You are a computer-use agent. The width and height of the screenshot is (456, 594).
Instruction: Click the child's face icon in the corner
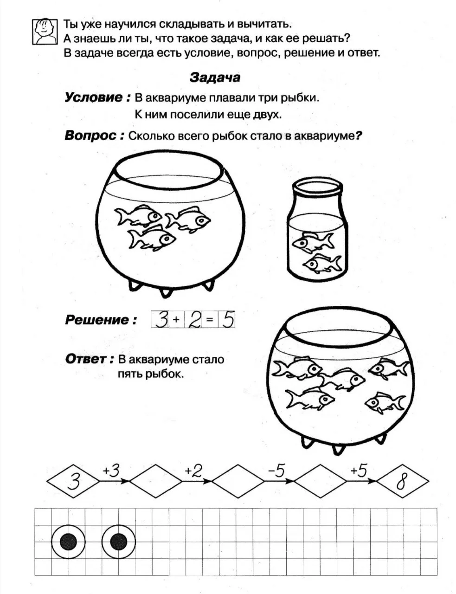pos(45,32)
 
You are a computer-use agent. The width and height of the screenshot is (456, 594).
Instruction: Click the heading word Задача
pos(215,77)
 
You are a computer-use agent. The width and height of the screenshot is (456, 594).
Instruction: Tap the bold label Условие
pos(97,97)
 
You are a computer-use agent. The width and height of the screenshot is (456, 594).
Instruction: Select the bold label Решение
pos(101,320)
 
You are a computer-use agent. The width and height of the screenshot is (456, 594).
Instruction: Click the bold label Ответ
pos(89,359)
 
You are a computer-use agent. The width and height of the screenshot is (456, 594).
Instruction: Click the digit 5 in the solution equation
pos(228,319)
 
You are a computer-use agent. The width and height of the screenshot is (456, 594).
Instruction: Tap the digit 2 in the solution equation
pos(194,320)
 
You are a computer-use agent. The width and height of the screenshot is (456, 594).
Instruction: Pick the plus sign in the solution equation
pos(176,319)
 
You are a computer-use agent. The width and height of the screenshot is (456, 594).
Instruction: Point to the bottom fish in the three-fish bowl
pos(152,239)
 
